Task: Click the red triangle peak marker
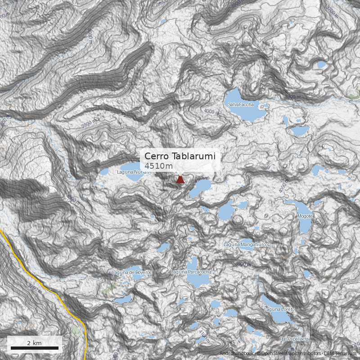pos(180,180)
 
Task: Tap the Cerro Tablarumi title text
pos(180,156)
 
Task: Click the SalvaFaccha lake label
pos(241,104)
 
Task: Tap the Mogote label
pos(305,216)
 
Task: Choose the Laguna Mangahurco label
pos(246,244)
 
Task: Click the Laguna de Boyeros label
pos(132,272)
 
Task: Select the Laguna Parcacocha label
pos(191,272)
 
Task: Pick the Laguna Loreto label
pos(279,309)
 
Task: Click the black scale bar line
pos(35,348)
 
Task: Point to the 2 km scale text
pos(34,343)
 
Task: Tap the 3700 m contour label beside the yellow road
pos(35,288)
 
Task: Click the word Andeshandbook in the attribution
pos(236,354)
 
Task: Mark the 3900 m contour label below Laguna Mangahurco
pos(243,264)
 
